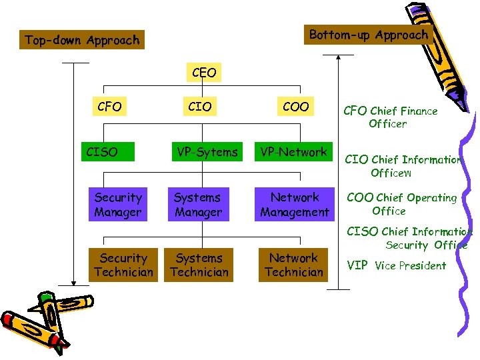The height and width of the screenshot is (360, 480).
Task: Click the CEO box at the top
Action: click(x=203, y=73)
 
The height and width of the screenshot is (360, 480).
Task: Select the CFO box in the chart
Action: click(x=109, y=107)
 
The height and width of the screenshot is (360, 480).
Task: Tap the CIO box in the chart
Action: click(x=199, y=107)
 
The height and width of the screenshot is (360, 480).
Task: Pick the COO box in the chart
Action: click(x=295, y=107)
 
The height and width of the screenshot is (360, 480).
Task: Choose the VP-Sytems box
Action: click(x=206, y=152)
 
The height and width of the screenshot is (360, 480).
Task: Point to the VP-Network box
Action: click(x=294, y=152)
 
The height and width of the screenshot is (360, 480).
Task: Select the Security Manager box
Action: click(x=118, y=205)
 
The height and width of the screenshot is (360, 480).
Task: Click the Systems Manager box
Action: click(x=198, y=205)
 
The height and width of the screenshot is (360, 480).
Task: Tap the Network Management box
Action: click(x=295, y=205)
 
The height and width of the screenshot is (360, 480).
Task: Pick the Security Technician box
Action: click(x=124, y=265)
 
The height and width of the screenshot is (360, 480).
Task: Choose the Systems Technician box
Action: click(x=199, y=265)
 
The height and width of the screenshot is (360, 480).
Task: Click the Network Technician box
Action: click(x=293, y=265)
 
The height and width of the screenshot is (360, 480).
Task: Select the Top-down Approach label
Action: click(x=82, y=40)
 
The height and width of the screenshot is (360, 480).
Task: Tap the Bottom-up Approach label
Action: click(x=369, y=35)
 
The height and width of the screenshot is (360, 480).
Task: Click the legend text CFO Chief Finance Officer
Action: click(x=390, y=117)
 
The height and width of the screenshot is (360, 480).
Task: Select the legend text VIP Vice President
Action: click(x=397, y=265)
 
